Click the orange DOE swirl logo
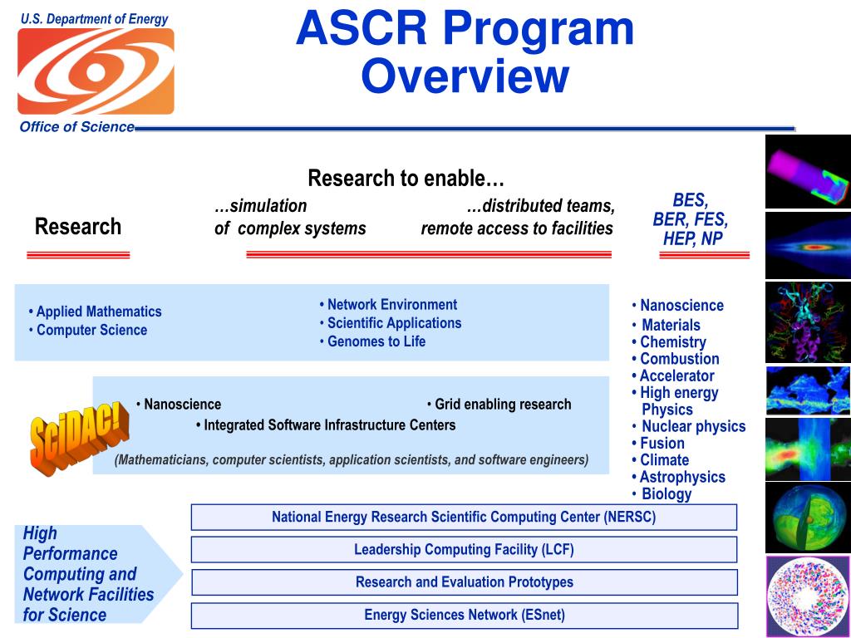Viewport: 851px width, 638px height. pyautogui.click(x=96, y=71)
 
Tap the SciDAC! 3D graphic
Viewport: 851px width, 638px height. pyautogui.click(x=79, y=439)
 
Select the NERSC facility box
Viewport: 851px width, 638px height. pyautogui.click(x=464, y=517)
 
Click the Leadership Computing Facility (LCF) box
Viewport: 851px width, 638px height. pyautogui.click(x=464, y=550)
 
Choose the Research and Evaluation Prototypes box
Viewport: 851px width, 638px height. pyautogui.click(x=464, y=582)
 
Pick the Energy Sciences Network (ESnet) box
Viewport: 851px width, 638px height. pyautogui.click(x=464, y=616)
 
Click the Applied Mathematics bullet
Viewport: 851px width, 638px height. pyautogui.click(x=95, y=312)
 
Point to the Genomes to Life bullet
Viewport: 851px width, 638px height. pyautogui.click(x=372, y=341)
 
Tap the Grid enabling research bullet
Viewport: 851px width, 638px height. pyautogui.click(x=499, y=405)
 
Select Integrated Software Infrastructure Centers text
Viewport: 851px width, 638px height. pyautogui.click(x=326, y=425)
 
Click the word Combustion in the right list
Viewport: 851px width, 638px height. pyautogui.click(x=680, y=359)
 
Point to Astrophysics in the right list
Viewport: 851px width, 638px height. pyautogui.click(x=682, y=477)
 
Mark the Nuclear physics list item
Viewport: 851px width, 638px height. pyautogui.click(x=694, y=426)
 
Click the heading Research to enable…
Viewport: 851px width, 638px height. pyautogui.click(x=406, y=178)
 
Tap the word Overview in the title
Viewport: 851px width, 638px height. pyautogui.click(x=465, y=76)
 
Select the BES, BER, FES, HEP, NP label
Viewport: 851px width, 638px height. pyautogui.click(x=691, y=219)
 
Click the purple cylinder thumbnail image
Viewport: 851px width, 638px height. pyautogui.click(x=808, y=172)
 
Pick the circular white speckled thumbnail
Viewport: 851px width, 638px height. pyautogui.click(x=808, y=596)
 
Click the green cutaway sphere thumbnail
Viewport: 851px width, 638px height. pyautogui.click(x=808, y=518)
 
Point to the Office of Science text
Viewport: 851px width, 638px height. pyautogui.click(x=77, y=127)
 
